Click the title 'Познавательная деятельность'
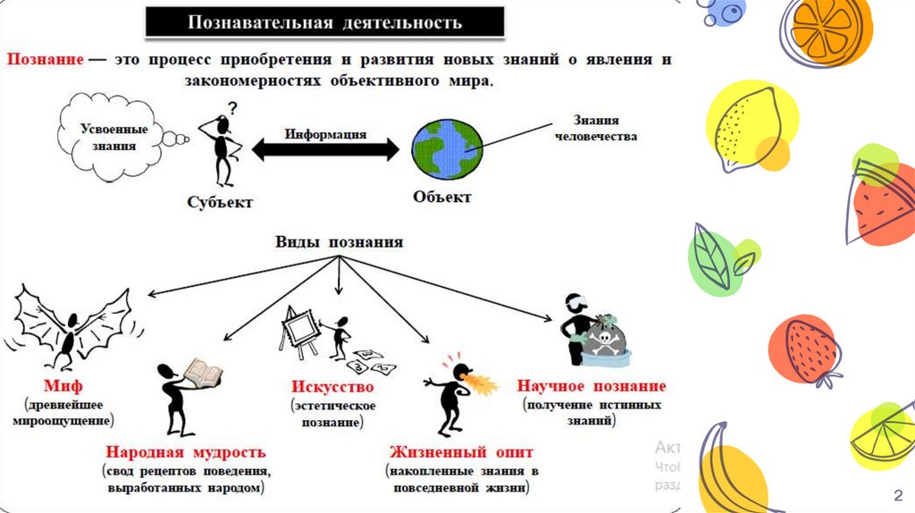[324, 21]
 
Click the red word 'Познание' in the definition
[46, 60]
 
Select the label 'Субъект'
[220, 201]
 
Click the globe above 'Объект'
[447, 147]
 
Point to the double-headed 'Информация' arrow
[326, 149]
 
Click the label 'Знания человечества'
[596, 129]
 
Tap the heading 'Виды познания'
[339, 242]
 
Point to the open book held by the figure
[201, 370]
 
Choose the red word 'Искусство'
[332, 388]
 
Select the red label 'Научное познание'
[591, 386]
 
